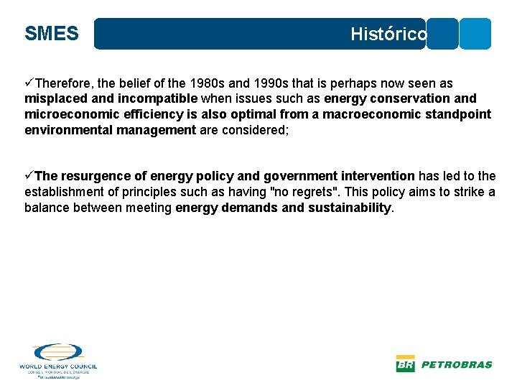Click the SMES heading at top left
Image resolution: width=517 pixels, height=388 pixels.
[51, 34]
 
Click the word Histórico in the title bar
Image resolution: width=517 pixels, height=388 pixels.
[388, 34]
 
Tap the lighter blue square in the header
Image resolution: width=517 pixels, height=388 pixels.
[475, 34]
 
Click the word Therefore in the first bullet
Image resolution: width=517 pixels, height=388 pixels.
[67, 84]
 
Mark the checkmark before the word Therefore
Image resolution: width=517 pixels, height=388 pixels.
[29, 84]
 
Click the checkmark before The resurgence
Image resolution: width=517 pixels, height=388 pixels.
[29, 176]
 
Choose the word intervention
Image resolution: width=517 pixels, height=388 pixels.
[376, 176]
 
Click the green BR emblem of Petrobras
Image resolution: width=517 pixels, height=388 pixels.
[405, 364]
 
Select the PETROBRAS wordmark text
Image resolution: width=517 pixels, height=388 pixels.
[456, 364]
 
